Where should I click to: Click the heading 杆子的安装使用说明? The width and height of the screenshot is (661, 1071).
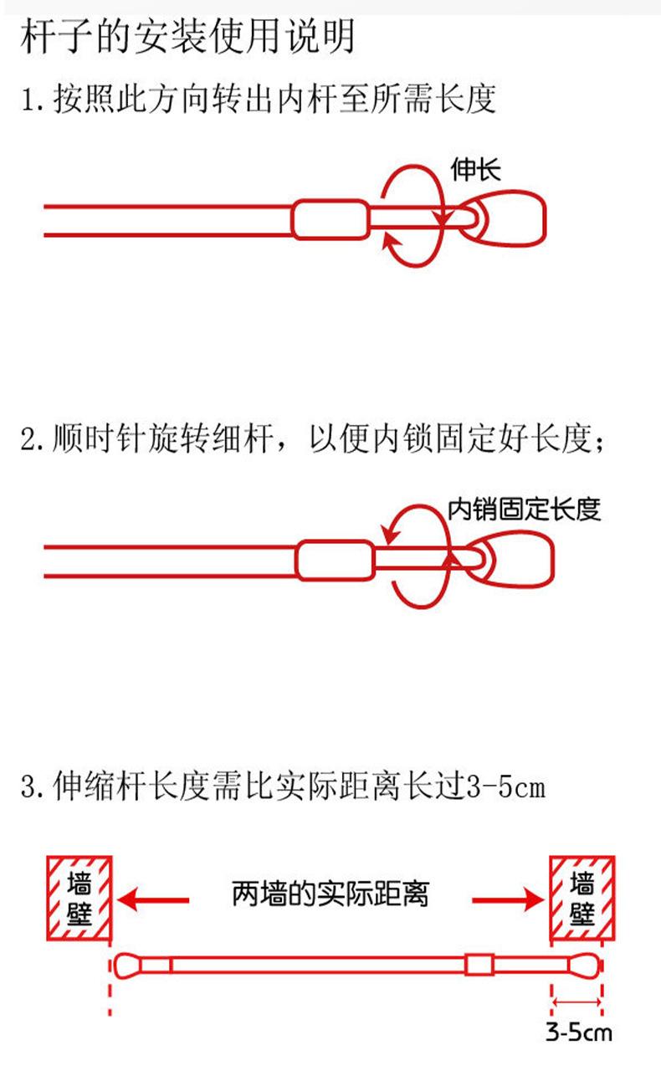pyautogui.click(x=187, y=38)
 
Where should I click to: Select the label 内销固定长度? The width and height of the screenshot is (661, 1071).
pyautogui.click(x=525, y=509)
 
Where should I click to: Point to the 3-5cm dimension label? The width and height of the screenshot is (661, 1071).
pyautogui.click(x=578, y=1031)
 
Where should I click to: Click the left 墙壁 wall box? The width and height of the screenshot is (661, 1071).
pyautogui.click(x=79, y=897)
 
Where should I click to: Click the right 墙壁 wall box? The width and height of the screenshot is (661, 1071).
pyautogui.click(x=582, y=897)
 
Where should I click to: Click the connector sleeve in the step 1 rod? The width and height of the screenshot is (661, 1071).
pyautogui.click(x=330, y=219)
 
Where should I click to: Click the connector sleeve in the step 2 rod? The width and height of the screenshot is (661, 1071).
pyautogui.click(x=335, y=560)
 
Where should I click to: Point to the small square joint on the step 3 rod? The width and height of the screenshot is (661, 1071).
pyautogui.click(x=478, y=964)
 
